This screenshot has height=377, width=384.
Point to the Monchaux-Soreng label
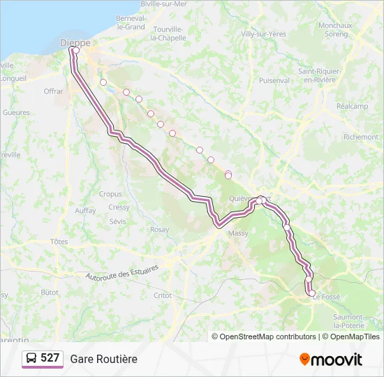(x=337, y=29)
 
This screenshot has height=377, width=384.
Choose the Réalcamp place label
(x=352, y=106)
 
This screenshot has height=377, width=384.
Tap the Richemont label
(x=361, y=138)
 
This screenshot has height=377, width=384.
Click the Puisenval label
(x=274, y=81)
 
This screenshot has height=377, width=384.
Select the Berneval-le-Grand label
(x=131, y=22)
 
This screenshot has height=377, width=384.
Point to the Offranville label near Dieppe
(x=53, y=91)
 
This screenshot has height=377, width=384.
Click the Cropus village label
(x=110, y=195)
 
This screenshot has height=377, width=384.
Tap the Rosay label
(x=159, y=230)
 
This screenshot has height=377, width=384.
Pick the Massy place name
(x=238, y=233)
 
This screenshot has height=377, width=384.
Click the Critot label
(x=162, y=295)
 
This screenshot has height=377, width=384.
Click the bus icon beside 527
(x=31, y=359)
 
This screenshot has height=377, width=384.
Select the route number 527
(x=50, y=358)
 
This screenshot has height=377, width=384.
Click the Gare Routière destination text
(x=103, y=359)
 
